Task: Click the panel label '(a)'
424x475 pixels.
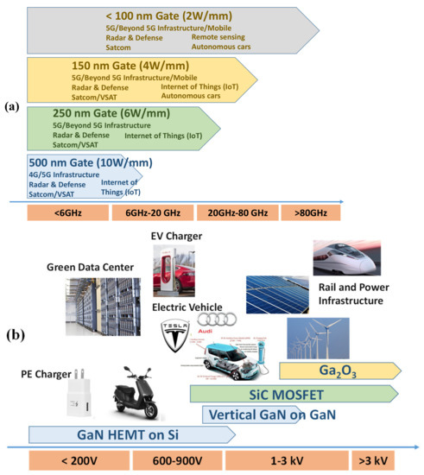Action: [x=13, y=106]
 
